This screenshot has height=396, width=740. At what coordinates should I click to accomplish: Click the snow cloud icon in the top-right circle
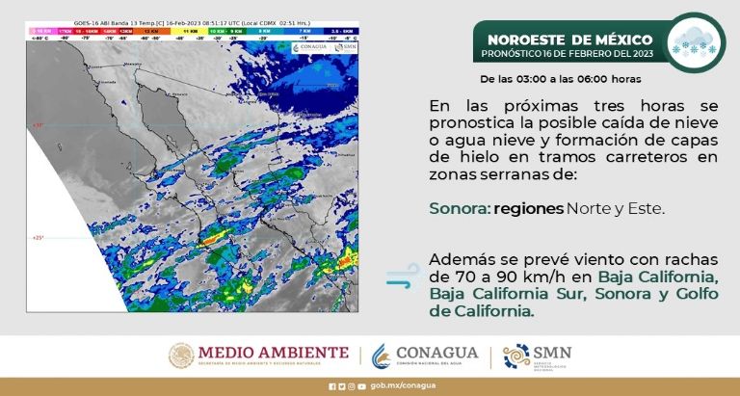pyautogui.click(x=697, y=41)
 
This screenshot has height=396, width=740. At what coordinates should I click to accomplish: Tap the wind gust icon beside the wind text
pyautogui.click(x=401, y=277)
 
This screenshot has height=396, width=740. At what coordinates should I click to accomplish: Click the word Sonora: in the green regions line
pyautogui.click(x=459, y=207)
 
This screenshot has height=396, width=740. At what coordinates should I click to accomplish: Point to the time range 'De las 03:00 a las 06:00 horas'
pyautogui.click(x=560, y=78)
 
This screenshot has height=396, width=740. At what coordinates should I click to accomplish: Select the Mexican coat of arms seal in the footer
pyautogui.click(x=184, y=356)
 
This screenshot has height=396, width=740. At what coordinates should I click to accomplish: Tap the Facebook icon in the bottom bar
pyautogui.click(x=331, y=386)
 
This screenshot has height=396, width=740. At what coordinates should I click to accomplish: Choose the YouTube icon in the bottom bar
pyautogui.click(x=361, y=386)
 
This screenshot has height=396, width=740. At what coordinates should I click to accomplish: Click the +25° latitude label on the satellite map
pyautogui.click(x=38, y=237)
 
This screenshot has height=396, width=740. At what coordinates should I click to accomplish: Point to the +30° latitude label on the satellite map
pyautogui.click(x=38, y=125)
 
